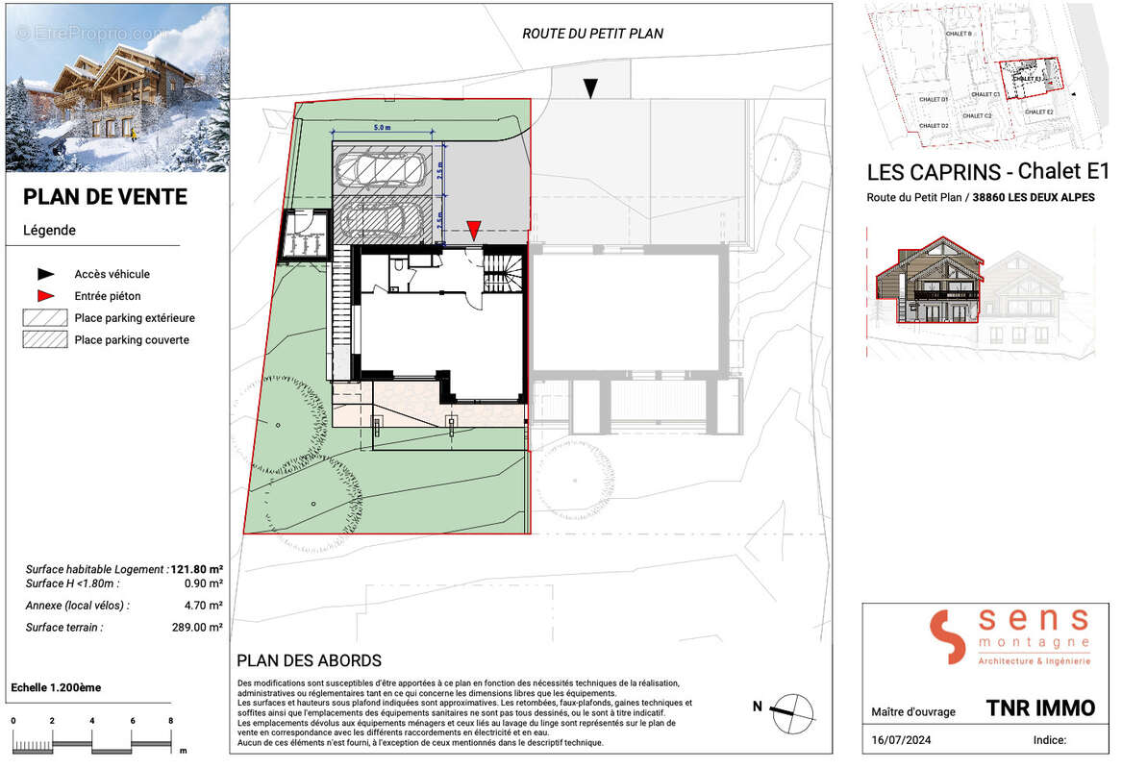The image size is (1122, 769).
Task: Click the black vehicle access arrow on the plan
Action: tap(591, 88)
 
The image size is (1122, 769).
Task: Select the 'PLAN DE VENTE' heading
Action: tap(105, 197)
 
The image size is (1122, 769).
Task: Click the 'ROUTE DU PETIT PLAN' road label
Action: tap(592, 34)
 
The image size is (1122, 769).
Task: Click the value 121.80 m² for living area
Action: tap(197, 569)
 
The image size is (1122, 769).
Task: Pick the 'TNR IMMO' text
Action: tap(1040, 708)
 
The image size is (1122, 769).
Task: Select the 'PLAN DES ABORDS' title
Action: tap(309, 661)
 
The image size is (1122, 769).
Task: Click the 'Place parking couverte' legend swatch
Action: tap(44, 339)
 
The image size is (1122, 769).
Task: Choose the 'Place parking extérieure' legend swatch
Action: tap(44, 318)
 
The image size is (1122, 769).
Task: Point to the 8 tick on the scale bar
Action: tap(170, 721)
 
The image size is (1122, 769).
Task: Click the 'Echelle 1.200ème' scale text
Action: tap(56, 688)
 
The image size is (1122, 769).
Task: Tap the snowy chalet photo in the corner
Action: tap(116, 87)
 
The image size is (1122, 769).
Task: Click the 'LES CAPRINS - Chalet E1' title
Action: tap(987, 173)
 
